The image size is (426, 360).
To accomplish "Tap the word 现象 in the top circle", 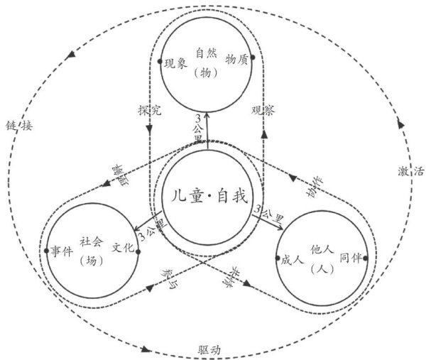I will [x=175, y=63].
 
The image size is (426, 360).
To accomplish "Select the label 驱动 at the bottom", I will [x=210, y=350].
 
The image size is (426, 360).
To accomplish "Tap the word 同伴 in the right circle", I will [x=351, y=257].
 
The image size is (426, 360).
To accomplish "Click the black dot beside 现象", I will [x=160, y=61].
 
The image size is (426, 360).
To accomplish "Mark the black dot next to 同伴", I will [x=365, y=257].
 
